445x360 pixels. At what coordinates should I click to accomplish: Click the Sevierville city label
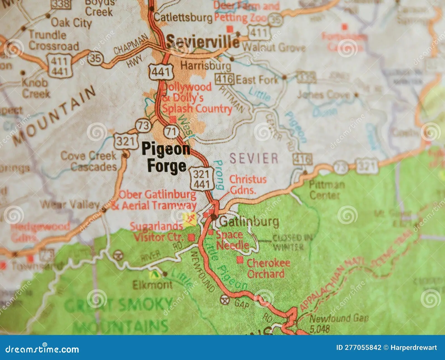click(202, 42)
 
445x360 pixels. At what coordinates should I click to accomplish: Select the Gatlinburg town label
click(249, 222)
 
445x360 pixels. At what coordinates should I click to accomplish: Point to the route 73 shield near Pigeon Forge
click(144, 125)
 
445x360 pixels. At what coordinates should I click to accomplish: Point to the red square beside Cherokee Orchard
click(240, 260)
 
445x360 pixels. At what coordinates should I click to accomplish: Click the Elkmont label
click(152, 285)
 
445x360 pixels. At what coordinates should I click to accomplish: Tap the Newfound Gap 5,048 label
click(339, 323)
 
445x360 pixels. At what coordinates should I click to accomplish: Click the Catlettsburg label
click(183, 18)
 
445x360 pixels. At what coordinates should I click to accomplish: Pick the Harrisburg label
click(206, 66)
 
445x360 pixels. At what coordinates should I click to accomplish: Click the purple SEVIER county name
click(253, 158)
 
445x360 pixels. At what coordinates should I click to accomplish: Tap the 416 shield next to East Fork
click(224, 79)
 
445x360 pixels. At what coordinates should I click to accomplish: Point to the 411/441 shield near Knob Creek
click(60, 66)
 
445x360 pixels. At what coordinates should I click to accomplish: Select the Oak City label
click(71, 23)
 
